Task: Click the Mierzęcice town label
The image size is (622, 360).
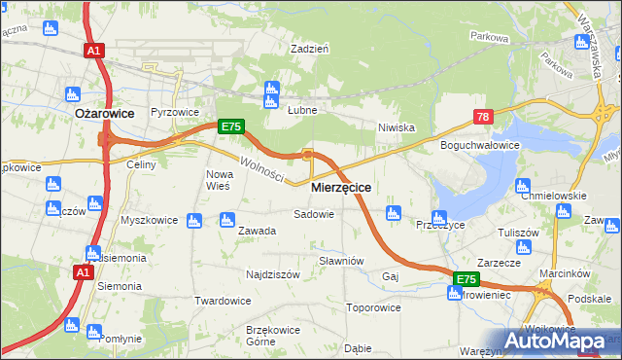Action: point(340,186)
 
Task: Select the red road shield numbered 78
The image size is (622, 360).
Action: point(484,117)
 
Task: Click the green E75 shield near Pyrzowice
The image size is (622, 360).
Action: point(229,126)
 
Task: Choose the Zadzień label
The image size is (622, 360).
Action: point(311,48)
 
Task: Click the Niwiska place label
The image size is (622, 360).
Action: point(397,127)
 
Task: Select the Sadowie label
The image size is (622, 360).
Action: point(314,214)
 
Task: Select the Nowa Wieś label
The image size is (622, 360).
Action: point(218,180)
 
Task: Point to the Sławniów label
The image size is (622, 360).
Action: point(341,261)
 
